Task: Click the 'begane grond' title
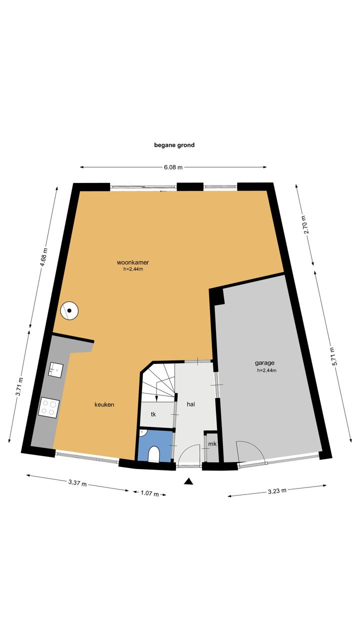click(x=174, y=145)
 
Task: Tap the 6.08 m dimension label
click(x=173, y=167)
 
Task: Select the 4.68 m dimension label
click(x=44, y=257)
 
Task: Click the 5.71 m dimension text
click(x=334, y=356)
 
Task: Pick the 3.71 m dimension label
click(x=19, y=387)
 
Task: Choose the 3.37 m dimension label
click(x=77, y=483)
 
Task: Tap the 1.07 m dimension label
click(x=149, y=493)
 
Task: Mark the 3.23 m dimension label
click(x=277, y=491)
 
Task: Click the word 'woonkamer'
click(x=133, y=262)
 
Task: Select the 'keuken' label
click(x=104, y=404)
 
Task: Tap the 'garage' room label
click(x=264, y=363)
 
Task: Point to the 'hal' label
click(x=191, y=404)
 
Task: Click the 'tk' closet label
click(x=153, y=414)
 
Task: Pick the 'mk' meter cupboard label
click(x=212, y=444)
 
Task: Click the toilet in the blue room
click(x=154, y=454)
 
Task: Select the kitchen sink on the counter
click(x=55, y=369)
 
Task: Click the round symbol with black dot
click(x=69, y=310)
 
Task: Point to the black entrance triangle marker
click(x=188, y=481)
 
